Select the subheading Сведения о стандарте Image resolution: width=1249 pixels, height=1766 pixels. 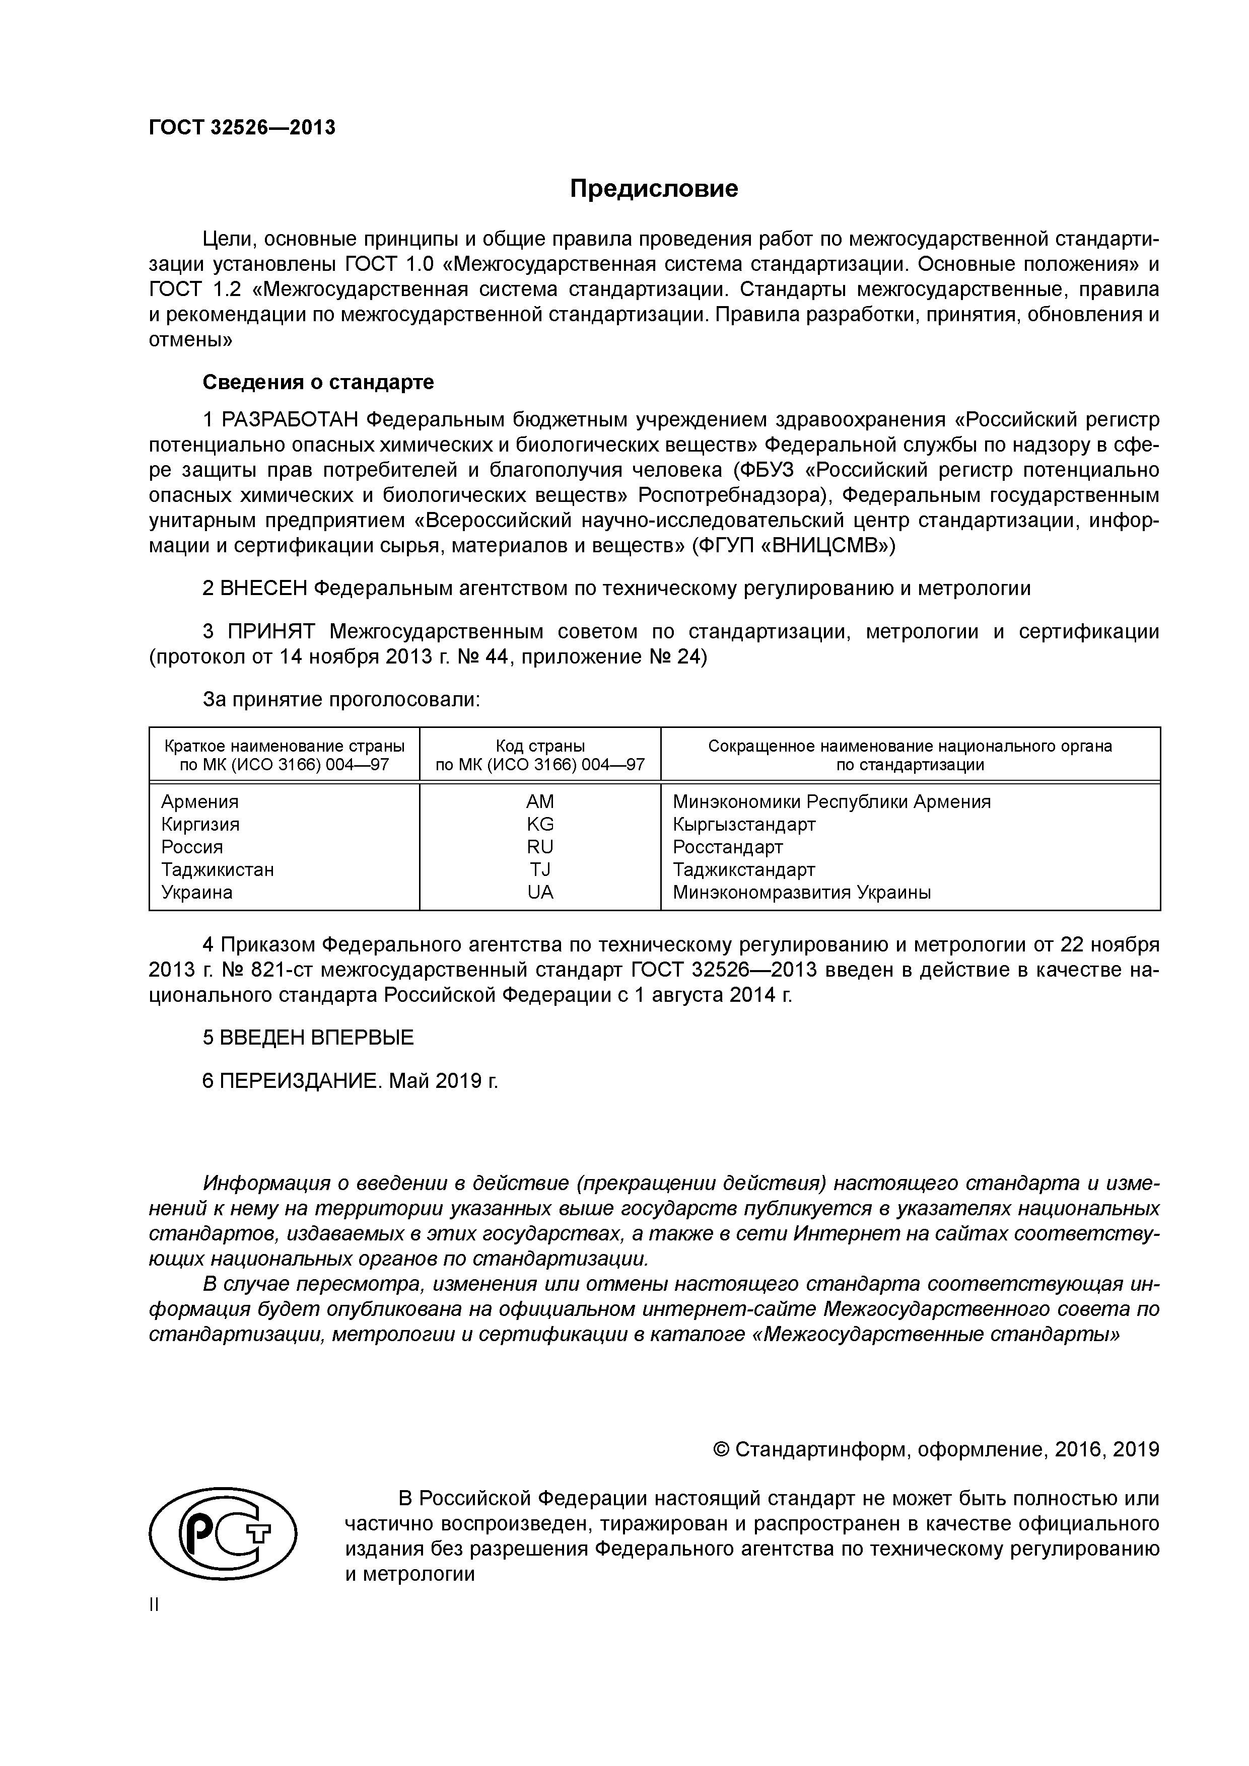pos(318,382)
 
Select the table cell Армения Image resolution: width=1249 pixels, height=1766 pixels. pos(200,801)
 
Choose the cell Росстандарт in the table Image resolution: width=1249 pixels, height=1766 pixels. pos(727,847)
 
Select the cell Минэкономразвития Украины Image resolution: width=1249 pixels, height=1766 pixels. pos(801,892)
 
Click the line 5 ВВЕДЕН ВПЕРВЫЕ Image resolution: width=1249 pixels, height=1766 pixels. pos(308,1038)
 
